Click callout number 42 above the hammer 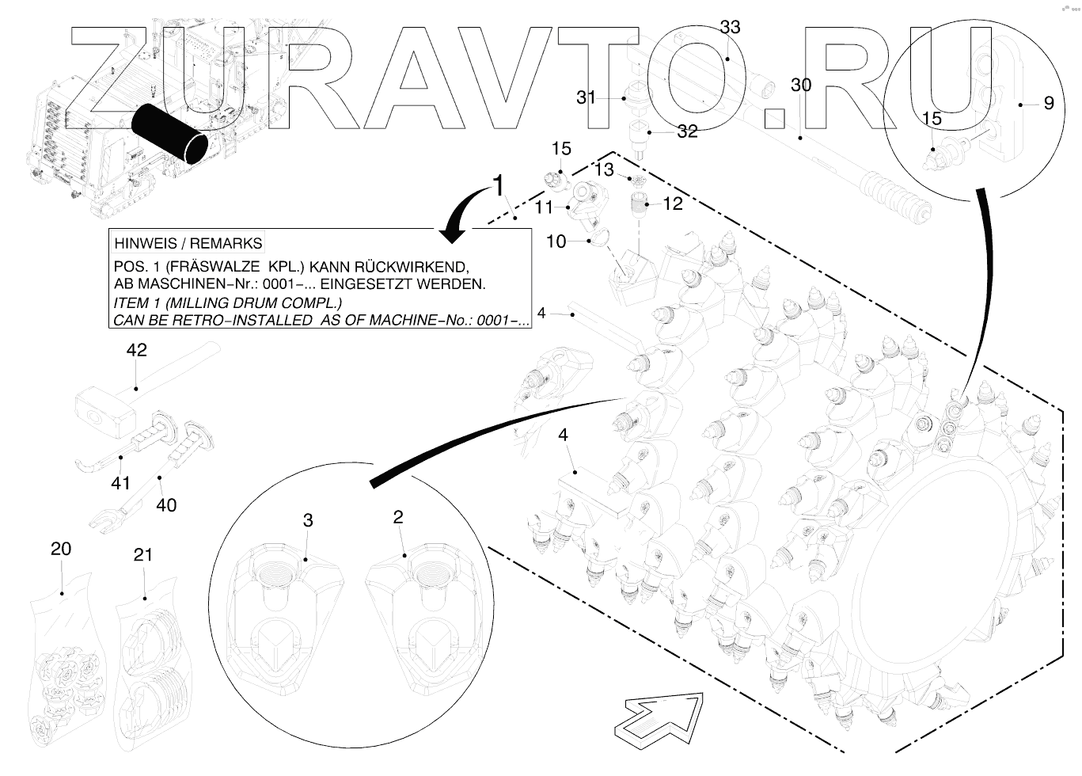(137, 350)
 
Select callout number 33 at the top (730, 28)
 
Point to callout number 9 (1049, 103)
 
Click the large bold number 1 (498, 185)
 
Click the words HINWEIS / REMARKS (188, 243)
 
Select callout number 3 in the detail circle (308, 520)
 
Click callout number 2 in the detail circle (398, 517)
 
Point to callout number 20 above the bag (61, 549)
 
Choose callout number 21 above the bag (142, 555)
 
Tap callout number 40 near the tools (166, 505)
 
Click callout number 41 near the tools (120, 482)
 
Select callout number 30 (801, 86)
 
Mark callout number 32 (687, 132)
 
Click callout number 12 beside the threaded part (672, 204)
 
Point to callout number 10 (556, 242)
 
